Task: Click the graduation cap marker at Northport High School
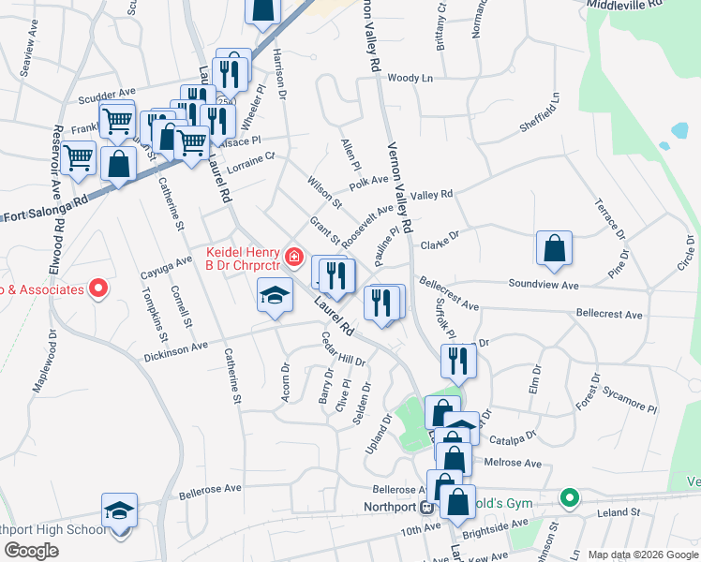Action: point(119,511)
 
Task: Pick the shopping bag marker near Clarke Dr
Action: point(555,248)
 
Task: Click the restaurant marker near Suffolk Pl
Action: point(457,360)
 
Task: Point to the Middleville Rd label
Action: point(624,5)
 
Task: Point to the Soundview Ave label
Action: point(544,283)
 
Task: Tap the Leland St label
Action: point(619,512)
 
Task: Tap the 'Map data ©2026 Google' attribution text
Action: point(642,555)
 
